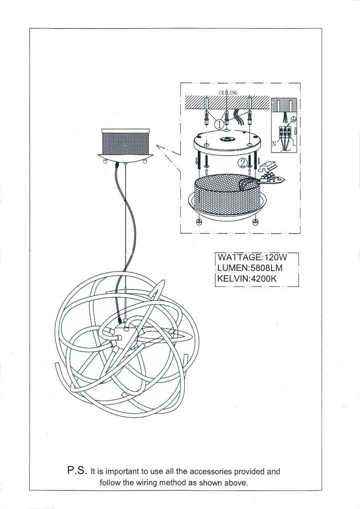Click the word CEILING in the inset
pyautogui.click(x=228, y=93)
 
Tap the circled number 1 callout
pyautogui.click(x=219, y=124)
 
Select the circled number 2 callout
pyautogui.click(x=243, y=163)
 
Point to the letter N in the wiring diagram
pyautogui.click(x=274, y=143)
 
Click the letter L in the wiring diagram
pyautogui.click(x=294, y=143)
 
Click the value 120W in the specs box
pyautogui.click(x=276, y=257)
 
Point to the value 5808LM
pyautogui.click(x=267, y=268)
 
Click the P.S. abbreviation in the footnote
pyautogui.click(x=77, y=470)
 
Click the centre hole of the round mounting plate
pyautogui.click(x=227, y=140)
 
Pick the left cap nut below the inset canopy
pyautogui.click(x=199, y=222)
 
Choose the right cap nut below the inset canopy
pyautogui.click(x=255, y=222)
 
